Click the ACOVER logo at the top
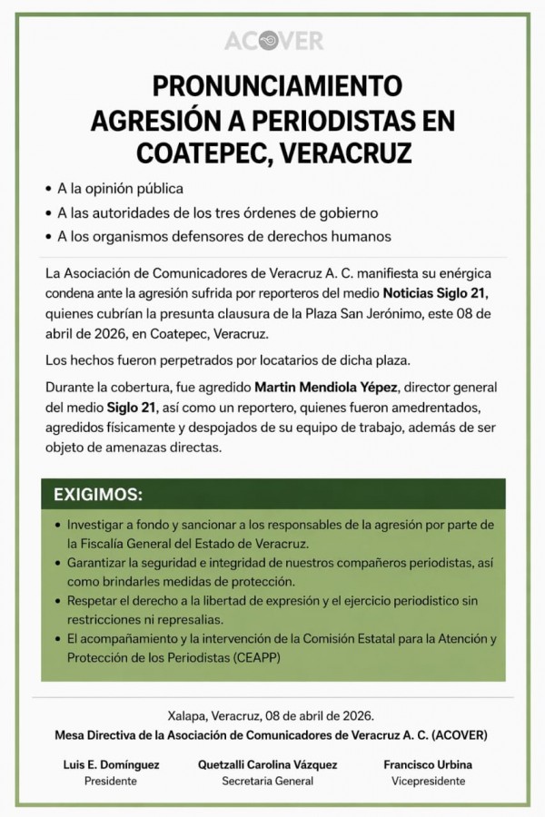coord(272,42)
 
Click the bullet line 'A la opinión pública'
coord(120,189)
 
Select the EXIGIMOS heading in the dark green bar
coord(97,497)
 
